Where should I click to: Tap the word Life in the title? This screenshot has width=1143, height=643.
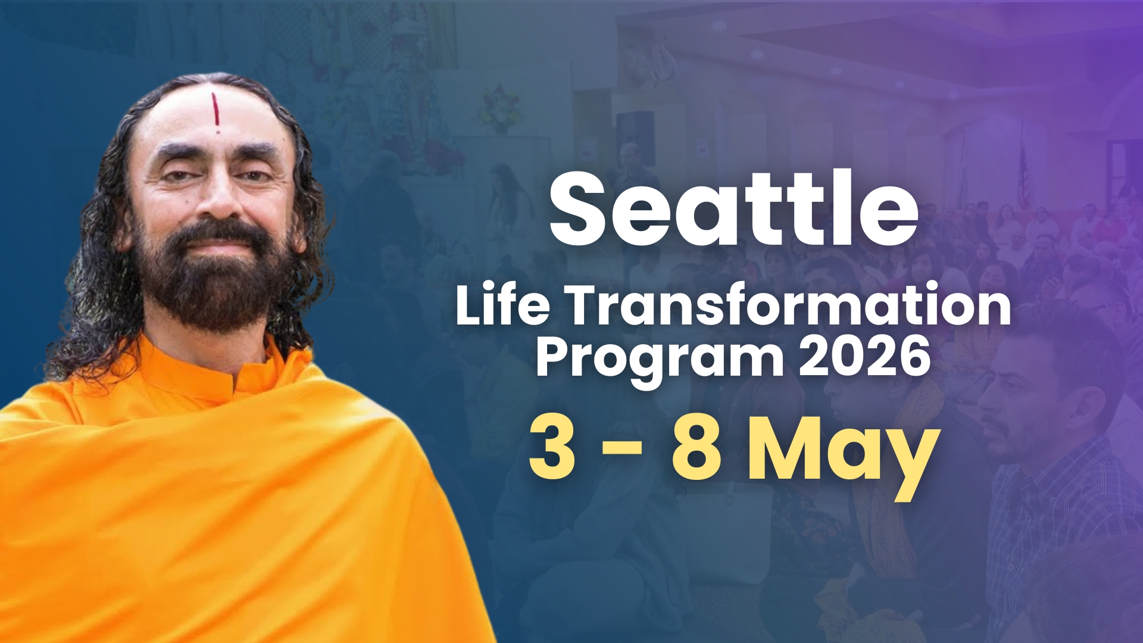502,305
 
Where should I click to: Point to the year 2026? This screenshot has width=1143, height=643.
864,356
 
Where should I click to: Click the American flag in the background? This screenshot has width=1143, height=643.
1023,179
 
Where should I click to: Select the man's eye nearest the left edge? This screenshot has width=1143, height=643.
177,176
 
